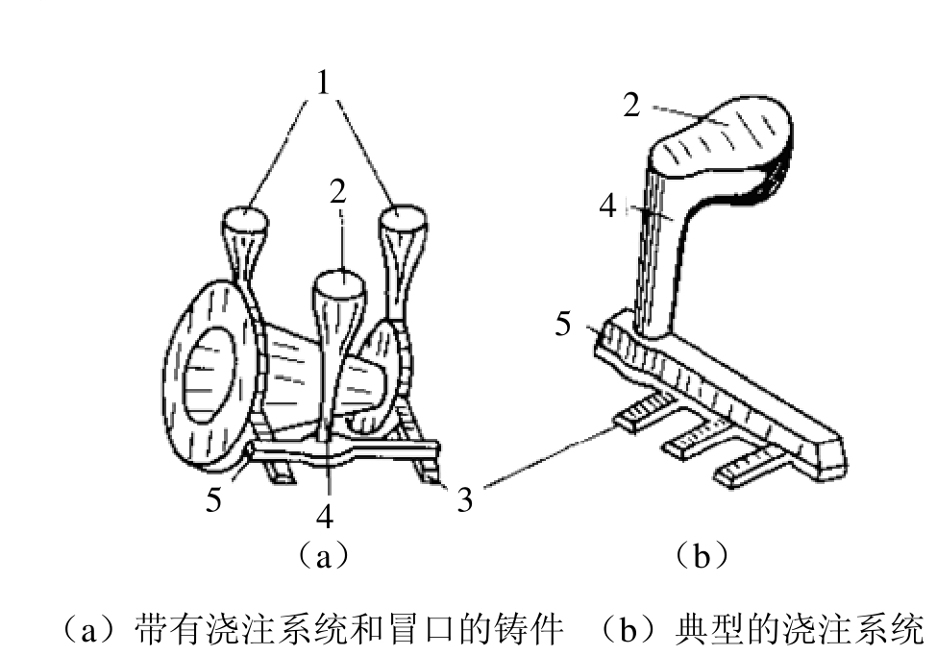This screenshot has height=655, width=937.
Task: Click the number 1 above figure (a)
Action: click(x=323, y=83)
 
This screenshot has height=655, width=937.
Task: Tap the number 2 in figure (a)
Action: click(x=337, y=192)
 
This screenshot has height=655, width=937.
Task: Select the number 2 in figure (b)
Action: click(x=631, y=105)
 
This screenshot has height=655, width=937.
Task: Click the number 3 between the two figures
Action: click(x=465, y=499)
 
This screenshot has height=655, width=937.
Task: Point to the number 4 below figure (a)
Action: click(x=325, y=516)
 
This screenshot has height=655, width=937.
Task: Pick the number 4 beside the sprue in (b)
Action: click(x=607, y=206)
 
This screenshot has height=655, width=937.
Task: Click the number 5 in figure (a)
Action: click(x=213, y=499)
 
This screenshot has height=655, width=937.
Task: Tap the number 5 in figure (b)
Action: click(x=563, y=325)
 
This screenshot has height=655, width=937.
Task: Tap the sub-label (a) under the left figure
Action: click(x=323, y=556)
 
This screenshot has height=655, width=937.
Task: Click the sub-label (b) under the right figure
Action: click(x=701, y=556)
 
